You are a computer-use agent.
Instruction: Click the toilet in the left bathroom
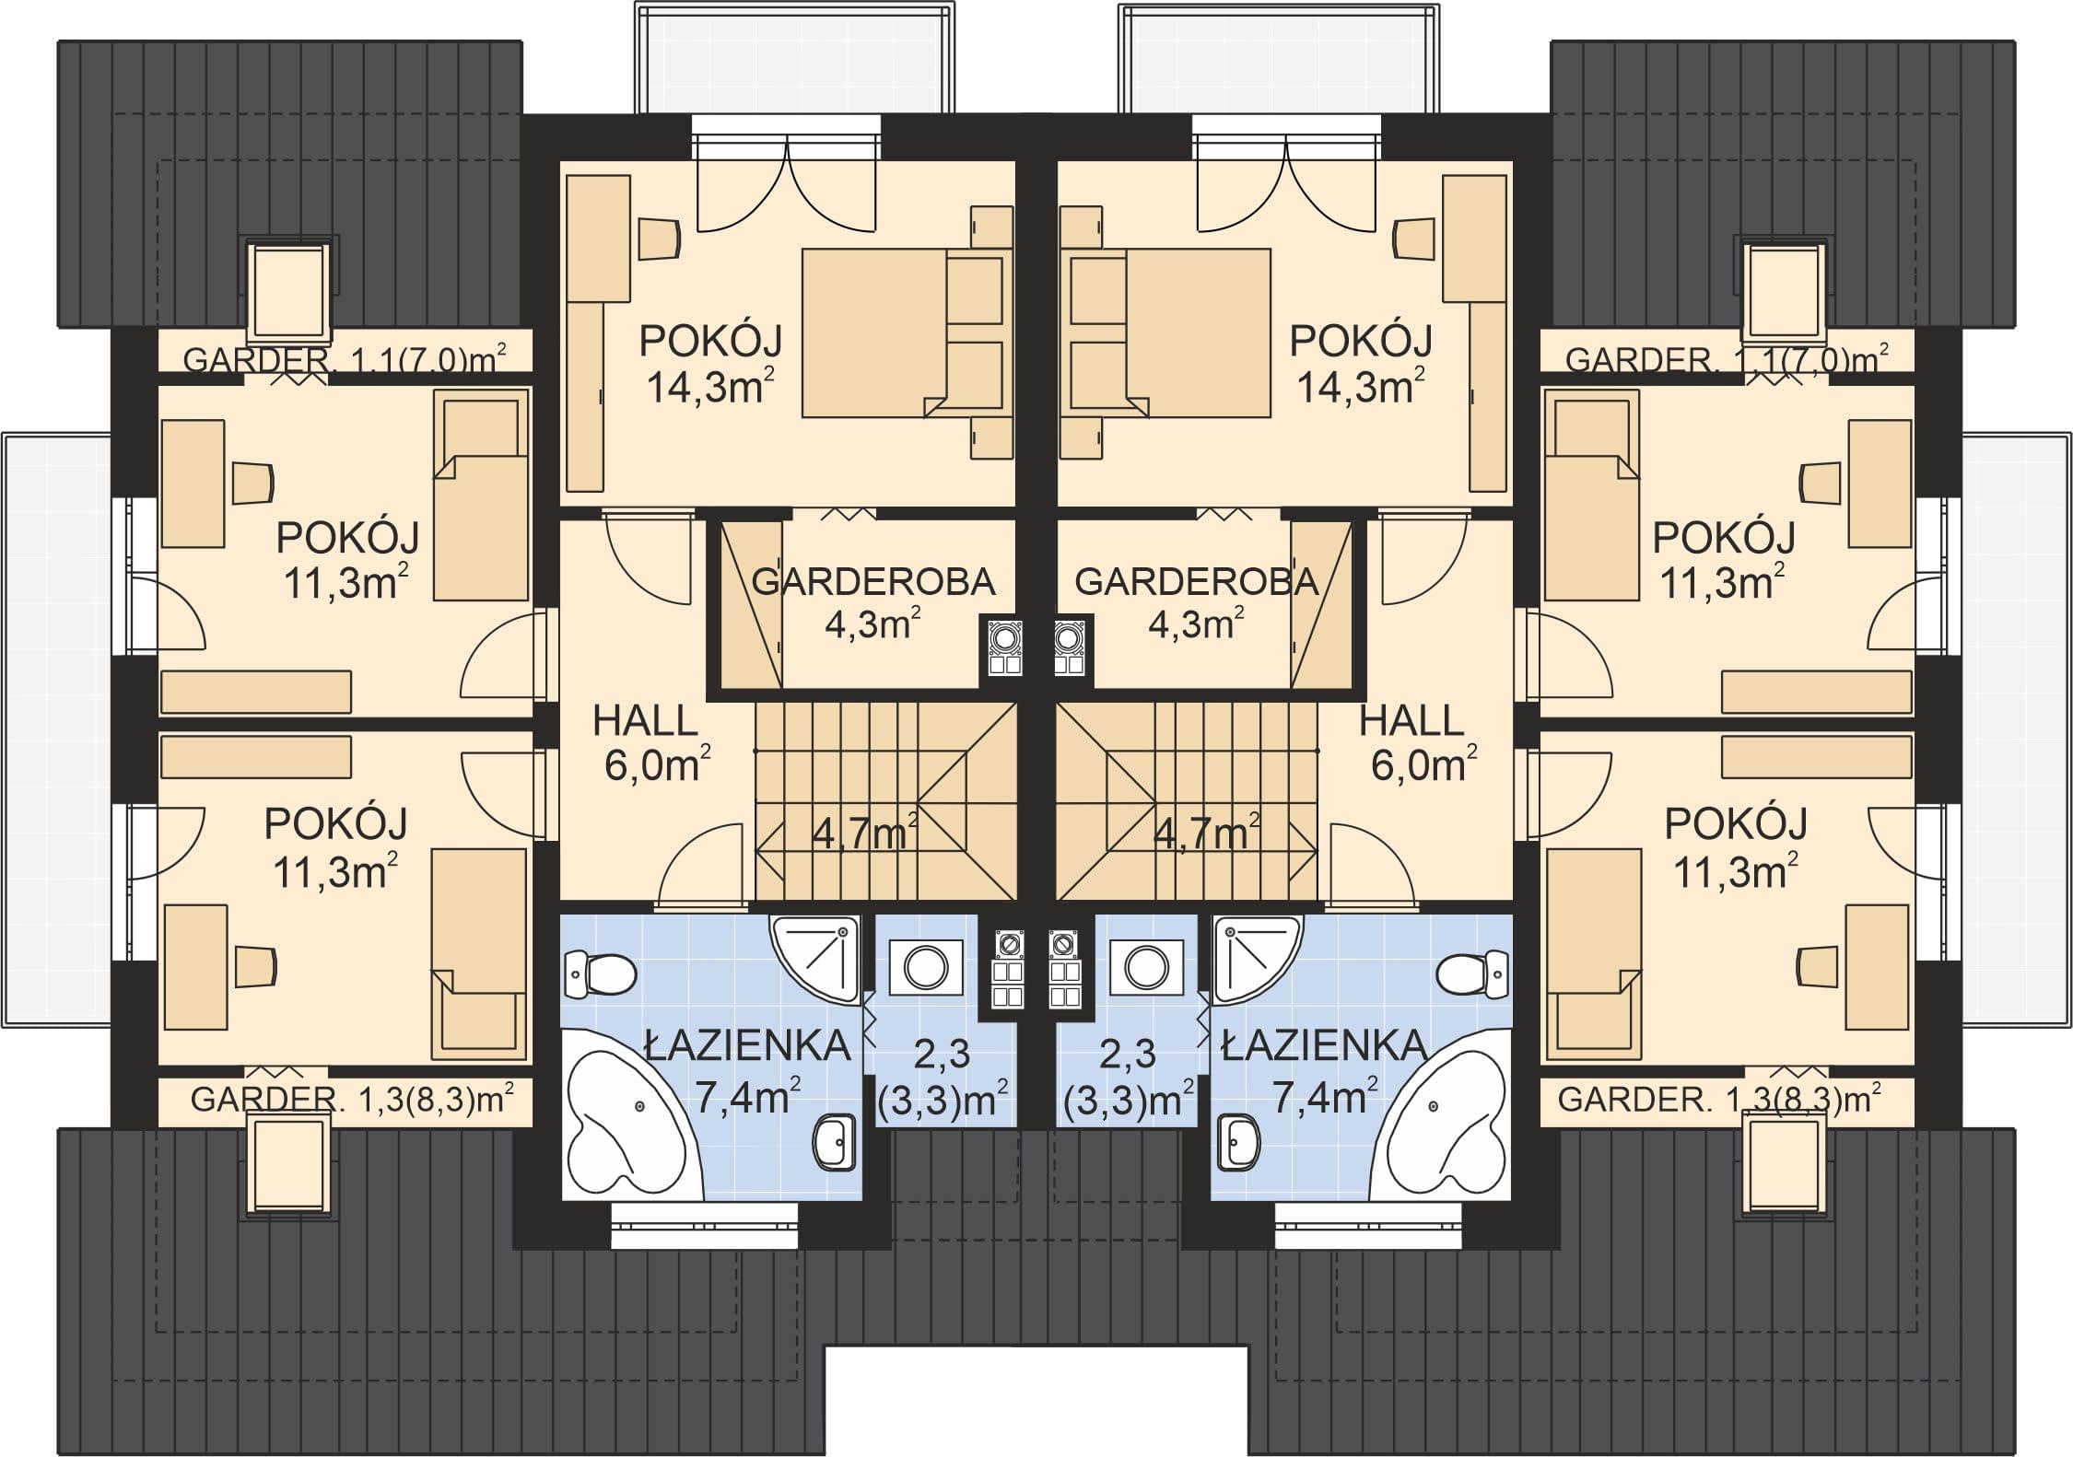coord(600,973)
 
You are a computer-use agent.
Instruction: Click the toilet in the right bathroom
coord(1472,973)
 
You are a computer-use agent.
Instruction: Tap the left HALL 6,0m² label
coord(649,742)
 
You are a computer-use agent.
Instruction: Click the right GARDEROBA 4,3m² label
coord(1196,603)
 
